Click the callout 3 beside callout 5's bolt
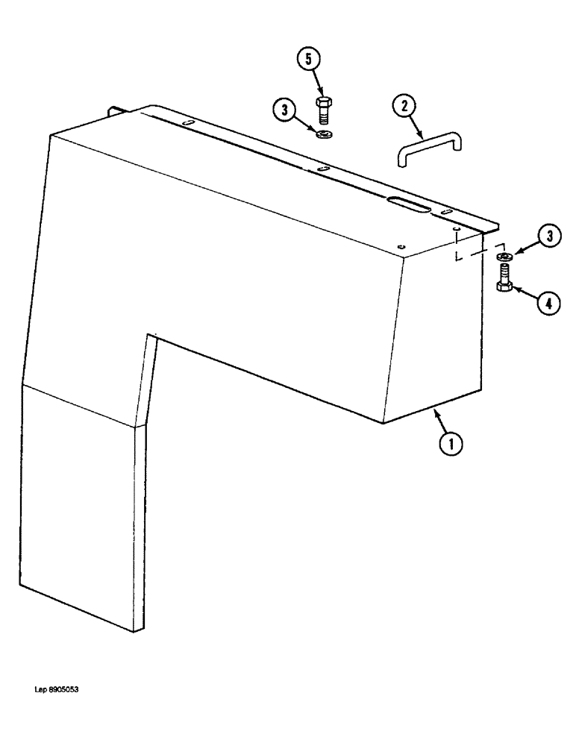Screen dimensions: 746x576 tap(284, 111)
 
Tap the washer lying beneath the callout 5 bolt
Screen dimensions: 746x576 tap(325, 134)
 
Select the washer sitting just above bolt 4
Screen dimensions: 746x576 tap(502, 257)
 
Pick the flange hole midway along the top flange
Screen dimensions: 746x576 tap(322, 169)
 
